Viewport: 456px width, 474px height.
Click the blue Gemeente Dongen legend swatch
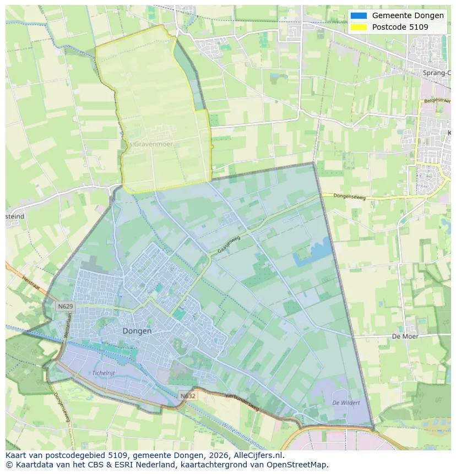(x=358, y=15)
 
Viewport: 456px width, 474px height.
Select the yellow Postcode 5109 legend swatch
(x=358, y=27)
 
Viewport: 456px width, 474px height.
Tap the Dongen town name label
(x=137, y=331)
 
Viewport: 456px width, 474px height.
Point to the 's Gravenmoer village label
(x=150, y=144)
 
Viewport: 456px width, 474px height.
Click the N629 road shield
(x=65, y=306)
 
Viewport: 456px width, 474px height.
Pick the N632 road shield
(x=187, y=395)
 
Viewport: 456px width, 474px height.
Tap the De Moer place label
(x=405, y=336)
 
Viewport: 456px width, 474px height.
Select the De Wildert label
(x=346, y=403)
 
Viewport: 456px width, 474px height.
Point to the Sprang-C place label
(x=437, y=73)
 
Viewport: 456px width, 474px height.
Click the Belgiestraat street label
(x=435, y=101)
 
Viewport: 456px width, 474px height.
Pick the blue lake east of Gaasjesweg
(x=312, y=254)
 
